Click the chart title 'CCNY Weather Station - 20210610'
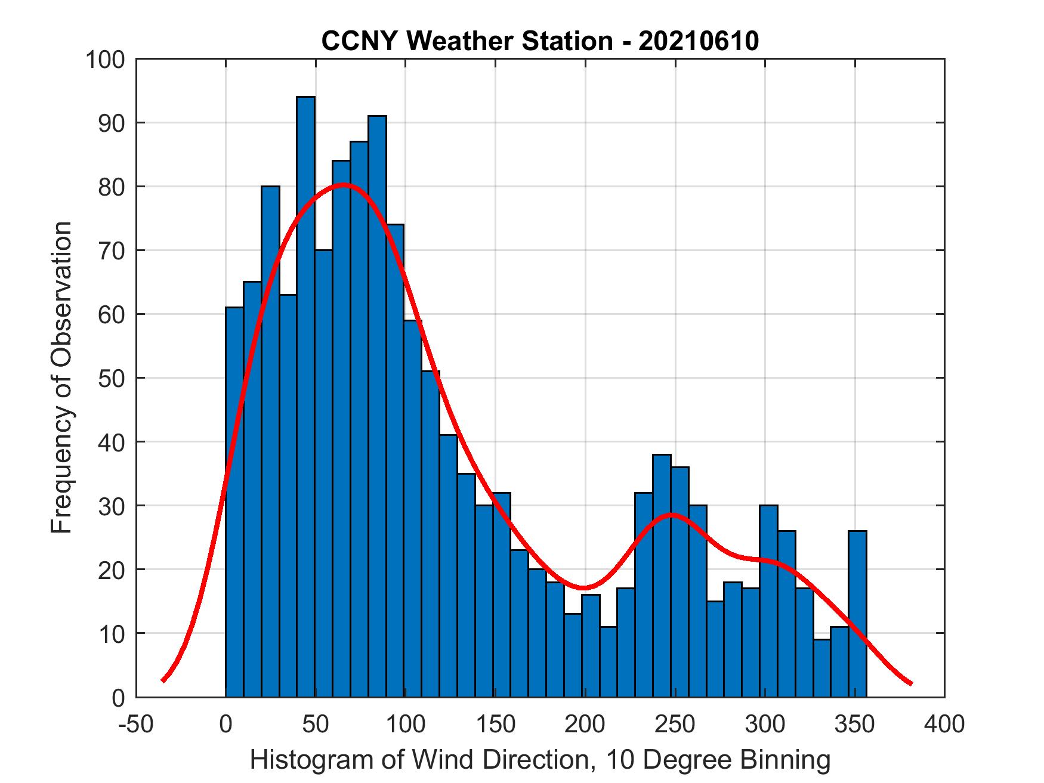pyautogui.click(x=540, y=41)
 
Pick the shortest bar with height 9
pyautogui.click(x=821, y=668)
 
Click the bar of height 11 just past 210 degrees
pyautogui.click(x=609, y=662)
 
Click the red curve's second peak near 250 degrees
pyautogui.click(x=672, y=514)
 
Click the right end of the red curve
pyautogui.click(x=911, y=683)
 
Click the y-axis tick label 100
pyautogui.click(x=105, y=60)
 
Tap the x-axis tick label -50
pyautogui.click(x=136, y=725)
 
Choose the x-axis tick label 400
pyautogui.click(x=944, y=725)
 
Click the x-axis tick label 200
pyautogui.click(x=585, y=725)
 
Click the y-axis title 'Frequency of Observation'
pyautogui.click(x=62, y=379)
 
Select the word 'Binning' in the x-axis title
pyautogui.click(x=785, y=760)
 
